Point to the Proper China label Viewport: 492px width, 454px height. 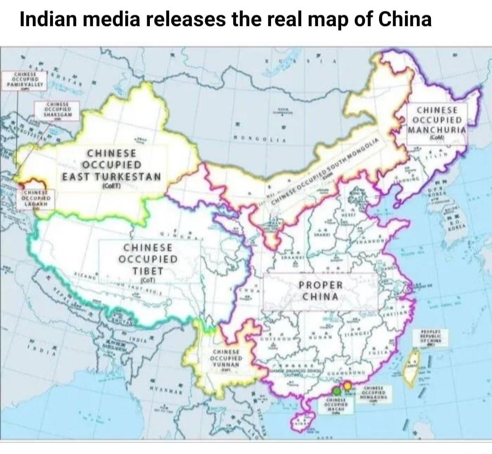[321, 291]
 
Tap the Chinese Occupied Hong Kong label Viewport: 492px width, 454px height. [375, 394]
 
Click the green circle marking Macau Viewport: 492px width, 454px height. [336, 390]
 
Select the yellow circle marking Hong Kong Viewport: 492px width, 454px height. [347, 386]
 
